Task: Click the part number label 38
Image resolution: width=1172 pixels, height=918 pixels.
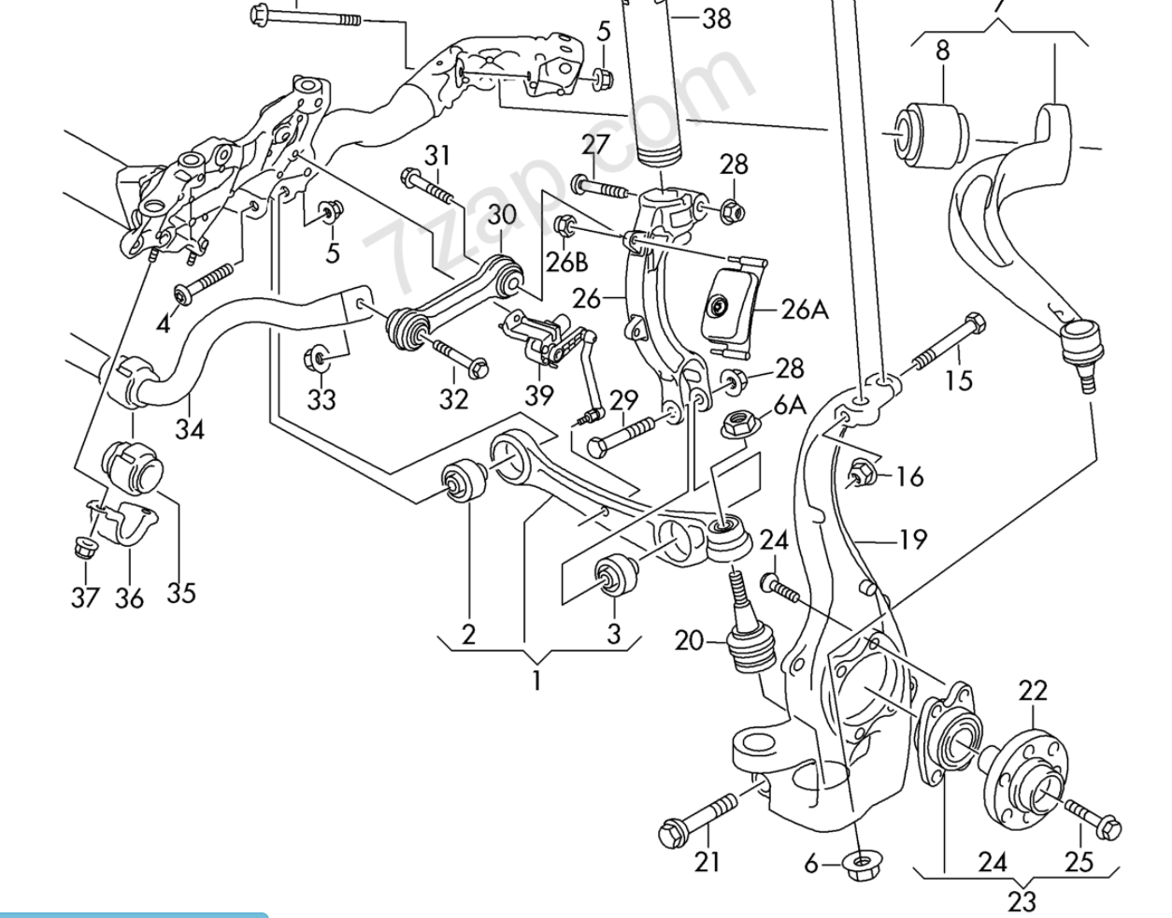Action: (716, 18)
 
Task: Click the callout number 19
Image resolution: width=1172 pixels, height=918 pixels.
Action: (912, 539)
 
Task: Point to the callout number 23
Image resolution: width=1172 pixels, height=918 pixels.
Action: (1022, 900)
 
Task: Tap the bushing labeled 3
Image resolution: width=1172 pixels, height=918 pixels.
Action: (615, 573)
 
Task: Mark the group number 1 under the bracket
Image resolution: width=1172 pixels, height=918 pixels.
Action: (536, 681)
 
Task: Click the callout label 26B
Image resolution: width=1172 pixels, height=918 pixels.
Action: (567, 262)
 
